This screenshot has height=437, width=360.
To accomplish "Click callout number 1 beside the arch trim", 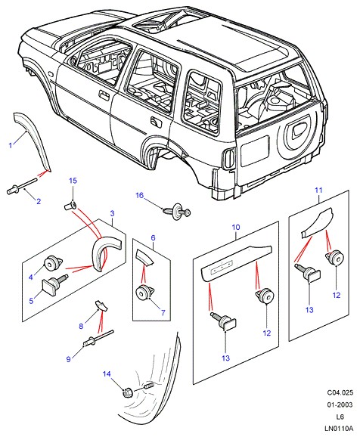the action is pos(11,145).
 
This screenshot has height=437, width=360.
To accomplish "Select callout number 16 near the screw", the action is pos(139,195).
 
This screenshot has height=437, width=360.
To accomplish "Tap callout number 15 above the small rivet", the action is pos(73,181).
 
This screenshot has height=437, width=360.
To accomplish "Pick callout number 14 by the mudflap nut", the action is pos(107,373).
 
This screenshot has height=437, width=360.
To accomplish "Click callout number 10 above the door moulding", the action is pos(236,227).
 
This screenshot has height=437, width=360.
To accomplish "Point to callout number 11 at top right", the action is pos(318,190).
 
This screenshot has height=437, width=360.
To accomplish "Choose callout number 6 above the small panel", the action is pos(153,237).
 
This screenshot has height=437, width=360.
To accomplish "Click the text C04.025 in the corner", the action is pos(340,392).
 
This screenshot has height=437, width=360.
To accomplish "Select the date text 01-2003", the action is pos(340,404).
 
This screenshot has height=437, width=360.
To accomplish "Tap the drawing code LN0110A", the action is pos(339,428).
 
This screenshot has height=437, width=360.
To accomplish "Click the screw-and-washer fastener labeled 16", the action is pos(177,212).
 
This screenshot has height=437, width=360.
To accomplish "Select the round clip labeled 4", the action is pos(53,263).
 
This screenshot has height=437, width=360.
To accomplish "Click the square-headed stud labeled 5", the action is pos(54,284).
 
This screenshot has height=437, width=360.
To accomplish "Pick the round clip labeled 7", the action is pos(145,293).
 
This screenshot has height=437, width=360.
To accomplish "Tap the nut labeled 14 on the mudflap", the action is pos(127,392).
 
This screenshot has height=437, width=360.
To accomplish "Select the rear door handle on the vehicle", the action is pos(156,122).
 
